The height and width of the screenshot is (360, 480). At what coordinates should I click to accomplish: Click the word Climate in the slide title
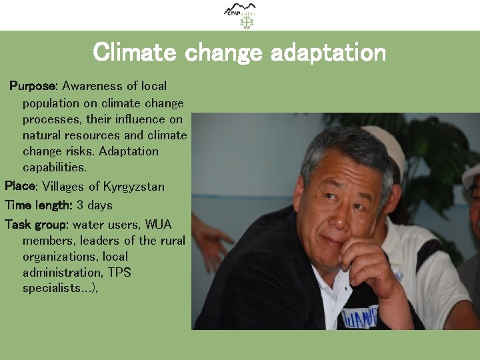pyautogui.click(x=135, y=52)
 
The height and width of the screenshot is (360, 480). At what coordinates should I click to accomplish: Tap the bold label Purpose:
pyautogui.click(x=34, y=86)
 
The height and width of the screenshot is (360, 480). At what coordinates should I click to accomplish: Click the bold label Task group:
pyautogui.click(x=37, y=224)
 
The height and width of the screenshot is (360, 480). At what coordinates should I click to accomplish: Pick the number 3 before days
pyautogui.click(x=80, y=205)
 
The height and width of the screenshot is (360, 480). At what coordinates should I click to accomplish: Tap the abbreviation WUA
pyautogui.click(x=158, y=224)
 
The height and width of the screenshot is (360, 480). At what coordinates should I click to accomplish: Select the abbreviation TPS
pyautogui.click(x=119, y=272)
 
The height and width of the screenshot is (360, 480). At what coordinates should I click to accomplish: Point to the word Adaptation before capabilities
pyautogui.click(x=128, y=151)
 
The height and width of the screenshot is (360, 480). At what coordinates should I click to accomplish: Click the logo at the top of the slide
pyautogui.click(x=240, y=15)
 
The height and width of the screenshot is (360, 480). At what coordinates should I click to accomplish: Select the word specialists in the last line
pyautogui.click(x=51, y=288)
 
